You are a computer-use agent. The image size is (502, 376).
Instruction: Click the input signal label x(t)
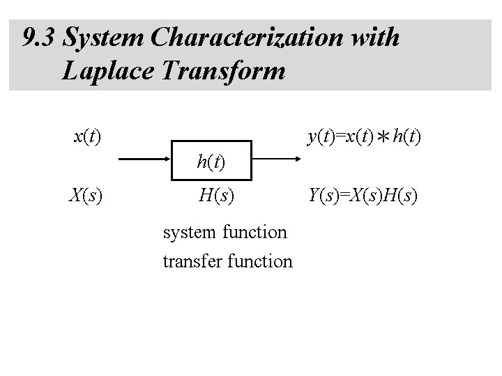87,135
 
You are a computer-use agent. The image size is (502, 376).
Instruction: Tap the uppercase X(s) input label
86,198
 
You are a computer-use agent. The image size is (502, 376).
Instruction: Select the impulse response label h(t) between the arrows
211,163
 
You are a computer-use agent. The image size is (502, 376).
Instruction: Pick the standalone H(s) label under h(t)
216,198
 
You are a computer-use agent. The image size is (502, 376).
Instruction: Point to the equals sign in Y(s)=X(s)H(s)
347,198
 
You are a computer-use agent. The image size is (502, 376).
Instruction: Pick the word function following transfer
261,261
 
